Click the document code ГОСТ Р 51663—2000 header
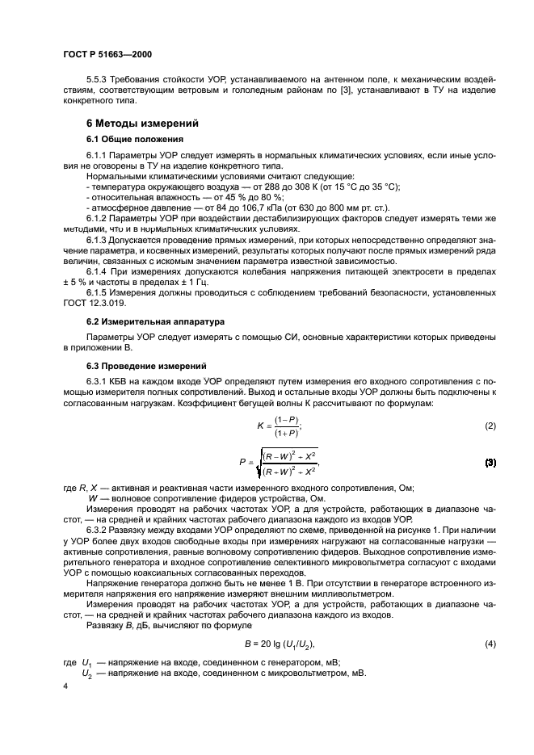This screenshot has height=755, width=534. pyautogui.click(x=107, y=55)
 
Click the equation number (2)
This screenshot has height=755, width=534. pyautogui.click(x=489, y=426)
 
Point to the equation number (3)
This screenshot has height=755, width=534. pyautogui.click(x=489, y=463)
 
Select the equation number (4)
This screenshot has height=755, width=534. pyautogui.click(x=489, y=644)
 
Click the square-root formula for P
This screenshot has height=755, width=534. pyautogui.click(x=279, y=463)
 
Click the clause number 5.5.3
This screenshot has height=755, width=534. pyautogui.click(x=98, y=80)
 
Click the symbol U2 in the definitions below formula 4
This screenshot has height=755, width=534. pyautogui.click(x=87, y=672)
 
